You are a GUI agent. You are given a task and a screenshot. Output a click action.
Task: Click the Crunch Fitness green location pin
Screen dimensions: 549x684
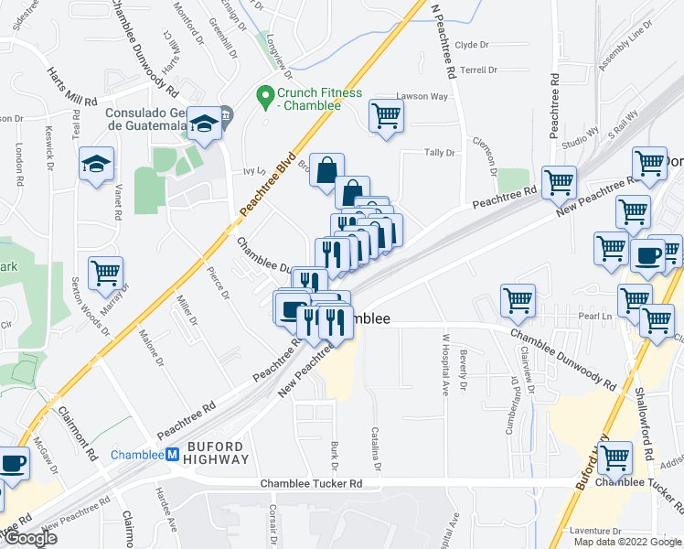265,93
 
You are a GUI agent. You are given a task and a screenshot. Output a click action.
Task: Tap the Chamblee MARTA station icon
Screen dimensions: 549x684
170,455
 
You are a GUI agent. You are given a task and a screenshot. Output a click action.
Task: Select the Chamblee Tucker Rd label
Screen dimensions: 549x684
311,483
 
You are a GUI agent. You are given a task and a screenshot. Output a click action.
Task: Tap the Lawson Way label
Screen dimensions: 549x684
422,96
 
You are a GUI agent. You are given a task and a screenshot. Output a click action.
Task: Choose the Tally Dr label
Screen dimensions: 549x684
438,153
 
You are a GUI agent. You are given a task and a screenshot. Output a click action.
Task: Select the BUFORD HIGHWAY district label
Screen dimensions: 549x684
216,454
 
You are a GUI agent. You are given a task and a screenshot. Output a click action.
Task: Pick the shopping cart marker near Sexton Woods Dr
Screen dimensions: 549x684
106,272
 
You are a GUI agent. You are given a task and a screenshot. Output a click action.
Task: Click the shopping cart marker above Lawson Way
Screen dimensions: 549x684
387,115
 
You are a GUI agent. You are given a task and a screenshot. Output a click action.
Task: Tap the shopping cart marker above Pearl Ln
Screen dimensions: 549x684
518,300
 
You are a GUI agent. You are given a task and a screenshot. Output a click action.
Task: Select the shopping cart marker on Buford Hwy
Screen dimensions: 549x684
615,457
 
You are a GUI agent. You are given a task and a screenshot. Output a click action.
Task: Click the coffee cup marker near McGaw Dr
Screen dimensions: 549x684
13,463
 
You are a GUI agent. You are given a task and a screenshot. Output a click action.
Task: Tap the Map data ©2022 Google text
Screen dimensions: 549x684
627,542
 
